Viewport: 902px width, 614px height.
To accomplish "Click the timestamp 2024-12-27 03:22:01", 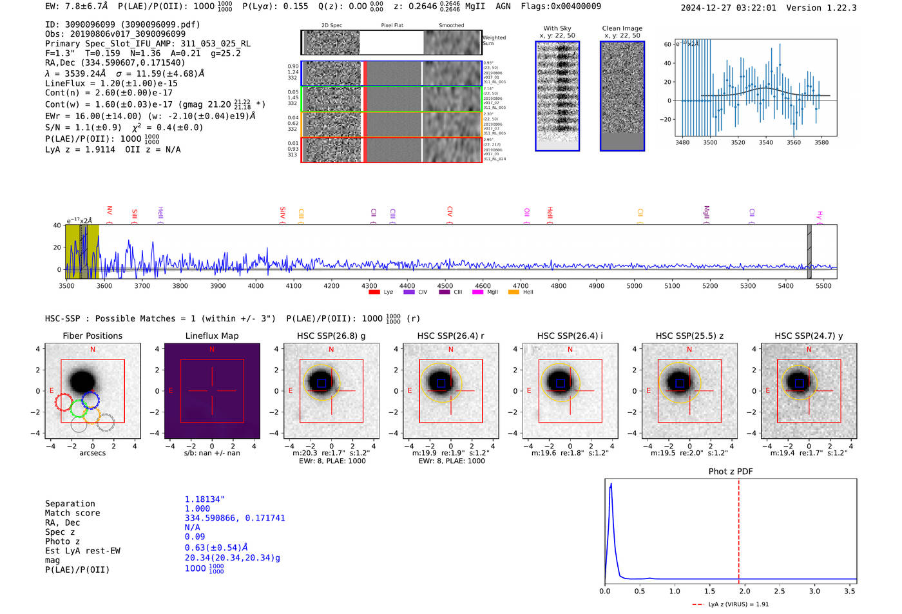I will coord(728,8).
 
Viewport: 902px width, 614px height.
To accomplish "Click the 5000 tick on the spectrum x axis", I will coord(635,285).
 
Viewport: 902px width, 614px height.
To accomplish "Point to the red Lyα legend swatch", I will coord(374,293).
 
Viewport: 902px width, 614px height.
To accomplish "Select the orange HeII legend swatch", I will coord(513,293).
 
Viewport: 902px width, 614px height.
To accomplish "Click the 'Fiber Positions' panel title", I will coord(92,336).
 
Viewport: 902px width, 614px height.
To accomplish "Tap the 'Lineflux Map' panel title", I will coord(212,336).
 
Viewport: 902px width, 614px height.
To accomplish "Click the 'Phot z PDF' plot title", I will coord(731,472).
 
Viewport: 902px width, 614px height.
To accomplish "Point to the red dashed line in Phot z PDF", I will coord(738,528).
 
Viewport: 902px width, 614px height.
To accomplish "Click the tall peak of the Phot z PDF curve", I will coord(611,484).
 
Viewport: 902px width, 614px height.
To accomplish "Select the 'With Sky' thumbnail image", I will coord(557,96).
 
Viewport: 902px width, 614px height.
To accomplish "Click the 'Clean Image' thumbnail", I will coord(622,96).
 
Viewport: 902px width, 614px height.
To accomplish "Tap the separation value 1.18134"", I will coord(204,499).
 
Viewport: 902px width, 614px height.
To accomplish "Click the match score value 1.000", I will coord(197,509).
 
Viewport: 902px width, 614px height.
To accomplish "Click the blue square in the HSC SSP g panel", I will coord(321,383).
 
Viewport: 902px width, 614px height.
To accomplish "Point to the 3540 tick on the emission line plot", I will coord(765,142).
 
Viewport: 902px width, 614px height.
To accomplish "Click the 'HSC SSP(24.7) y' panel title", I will coord(809,336).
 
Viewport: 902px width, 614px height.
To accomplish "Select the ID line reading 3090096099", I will coord(122,24).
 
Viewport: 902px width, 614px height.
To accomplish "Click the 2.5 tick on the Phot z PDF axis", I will coord(780,591).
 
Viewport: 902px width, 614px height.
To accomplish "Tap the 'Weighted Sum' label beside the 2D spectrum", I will coord(494,41).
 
